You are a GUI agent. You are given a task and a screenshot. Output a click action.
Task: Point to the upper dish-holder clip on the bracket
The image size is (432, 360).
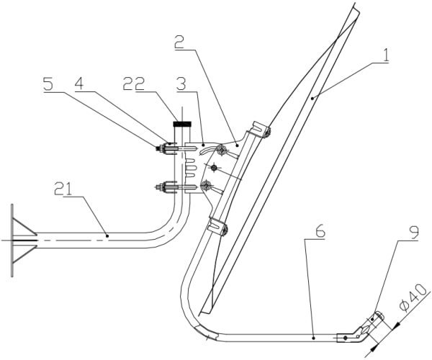pos(258,133)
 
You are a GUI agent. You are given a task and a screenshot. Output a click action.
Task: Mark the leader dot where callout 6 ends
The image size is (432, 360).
pos(315,336)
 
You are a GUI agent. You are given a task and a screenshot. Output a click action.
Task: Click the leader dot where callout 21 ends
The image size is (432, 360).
pos(107,234)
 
